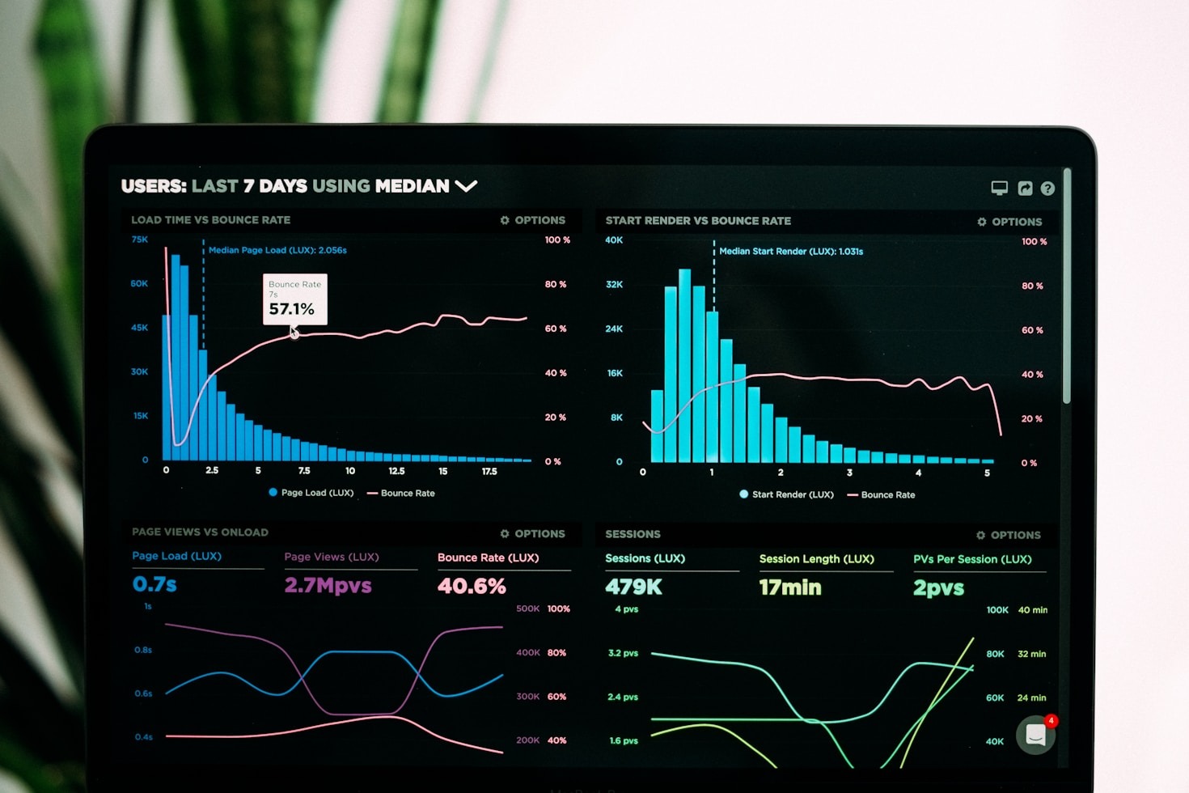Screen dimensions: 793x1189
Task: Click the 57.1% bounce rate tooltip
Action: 294,299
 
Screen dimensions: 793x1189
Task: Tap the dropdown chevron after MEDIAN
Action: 466,186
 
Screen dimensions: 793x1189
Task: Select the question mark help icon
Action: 1047,189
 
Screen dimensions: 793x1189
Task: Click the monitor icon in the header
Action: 1000,188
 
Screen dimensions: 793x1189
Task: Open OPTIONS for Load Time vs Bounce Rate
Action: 533,220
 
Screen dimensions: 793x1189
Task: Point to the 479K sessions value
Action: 633,587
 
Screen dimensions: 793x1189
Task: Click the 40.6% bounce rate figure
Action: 472,586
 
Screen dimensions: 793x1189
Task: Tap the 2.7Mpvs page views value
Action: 328,585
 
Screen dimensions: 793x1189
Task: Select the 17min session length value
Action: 789,587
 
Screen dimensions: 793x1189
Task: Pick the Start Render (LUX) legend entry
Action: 786,494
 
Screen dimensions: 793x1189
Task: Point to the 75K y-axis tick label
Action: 140,240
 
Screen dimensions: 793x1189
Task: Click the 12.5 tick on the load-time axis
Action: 396,471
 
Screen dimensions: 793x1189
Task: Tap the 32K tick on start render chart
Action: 614,285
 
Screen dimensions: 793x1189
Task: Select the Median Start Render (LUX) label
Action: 790,252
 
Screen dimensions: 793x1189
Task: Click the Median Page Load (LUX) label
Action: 277,250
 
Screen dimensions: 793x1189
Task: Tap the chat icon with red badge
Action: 1036,734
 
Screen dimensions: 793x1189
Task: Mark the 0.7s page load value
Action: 154,584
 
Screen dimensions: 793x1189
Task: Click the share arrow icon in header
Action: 1025,189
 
